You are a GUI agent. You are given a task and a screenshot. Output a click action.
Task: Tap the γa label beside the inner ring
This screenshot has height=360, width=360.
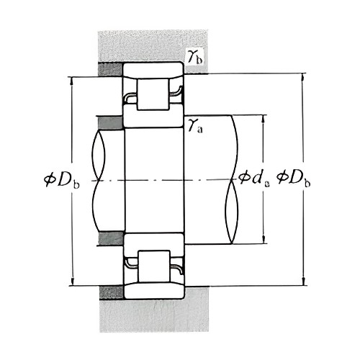coord(194,126)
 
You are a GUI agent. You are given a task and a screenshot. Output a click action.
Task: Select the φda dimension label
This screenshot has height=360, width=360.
coord(255,176)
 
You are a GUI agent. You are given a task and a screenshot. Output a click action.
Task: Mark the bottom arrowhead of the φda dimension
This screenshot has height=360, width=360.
coord(264,239)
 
